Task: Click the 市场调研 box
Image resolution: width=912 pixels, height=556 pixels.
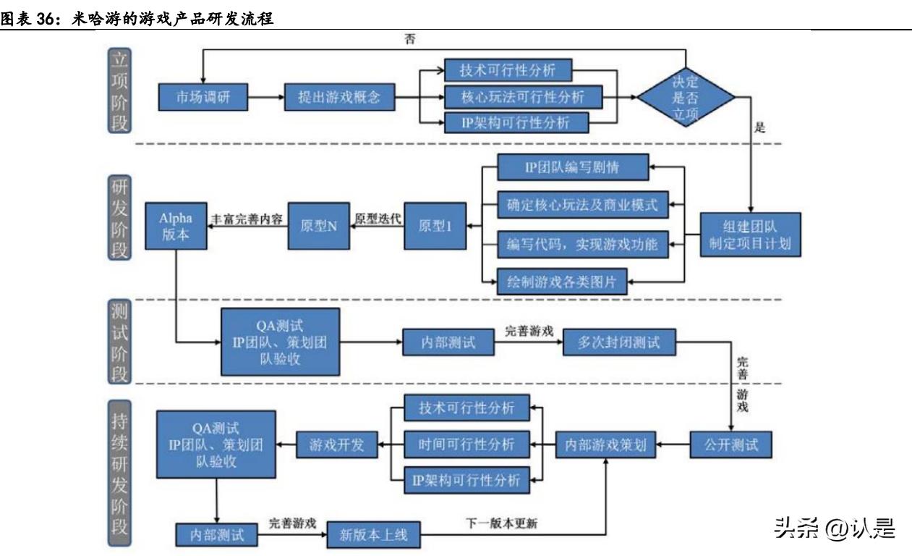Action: [202, 96]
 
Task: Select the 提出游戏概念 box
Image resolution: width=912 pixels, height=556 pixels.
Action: [339, 96]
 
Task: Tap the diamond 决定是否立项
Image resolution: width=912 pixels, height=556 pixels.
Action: [685, 96]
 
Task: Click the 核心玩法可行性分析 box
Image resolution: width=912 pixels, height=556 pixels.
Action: [521, 96]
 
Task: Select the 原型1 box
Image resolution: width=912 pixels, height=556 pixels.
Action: [435, 226]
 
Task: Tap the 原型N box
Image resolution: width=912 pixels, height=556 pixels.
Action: [320, 226]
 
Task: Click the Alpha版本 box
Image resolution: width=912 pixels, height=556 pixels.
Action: [176, 226]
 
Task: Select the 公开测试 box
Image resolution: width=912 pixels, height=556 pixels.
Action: [730, 445]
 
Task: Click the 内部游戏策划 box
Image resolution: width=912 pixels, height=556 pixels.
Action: [605, 445]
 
